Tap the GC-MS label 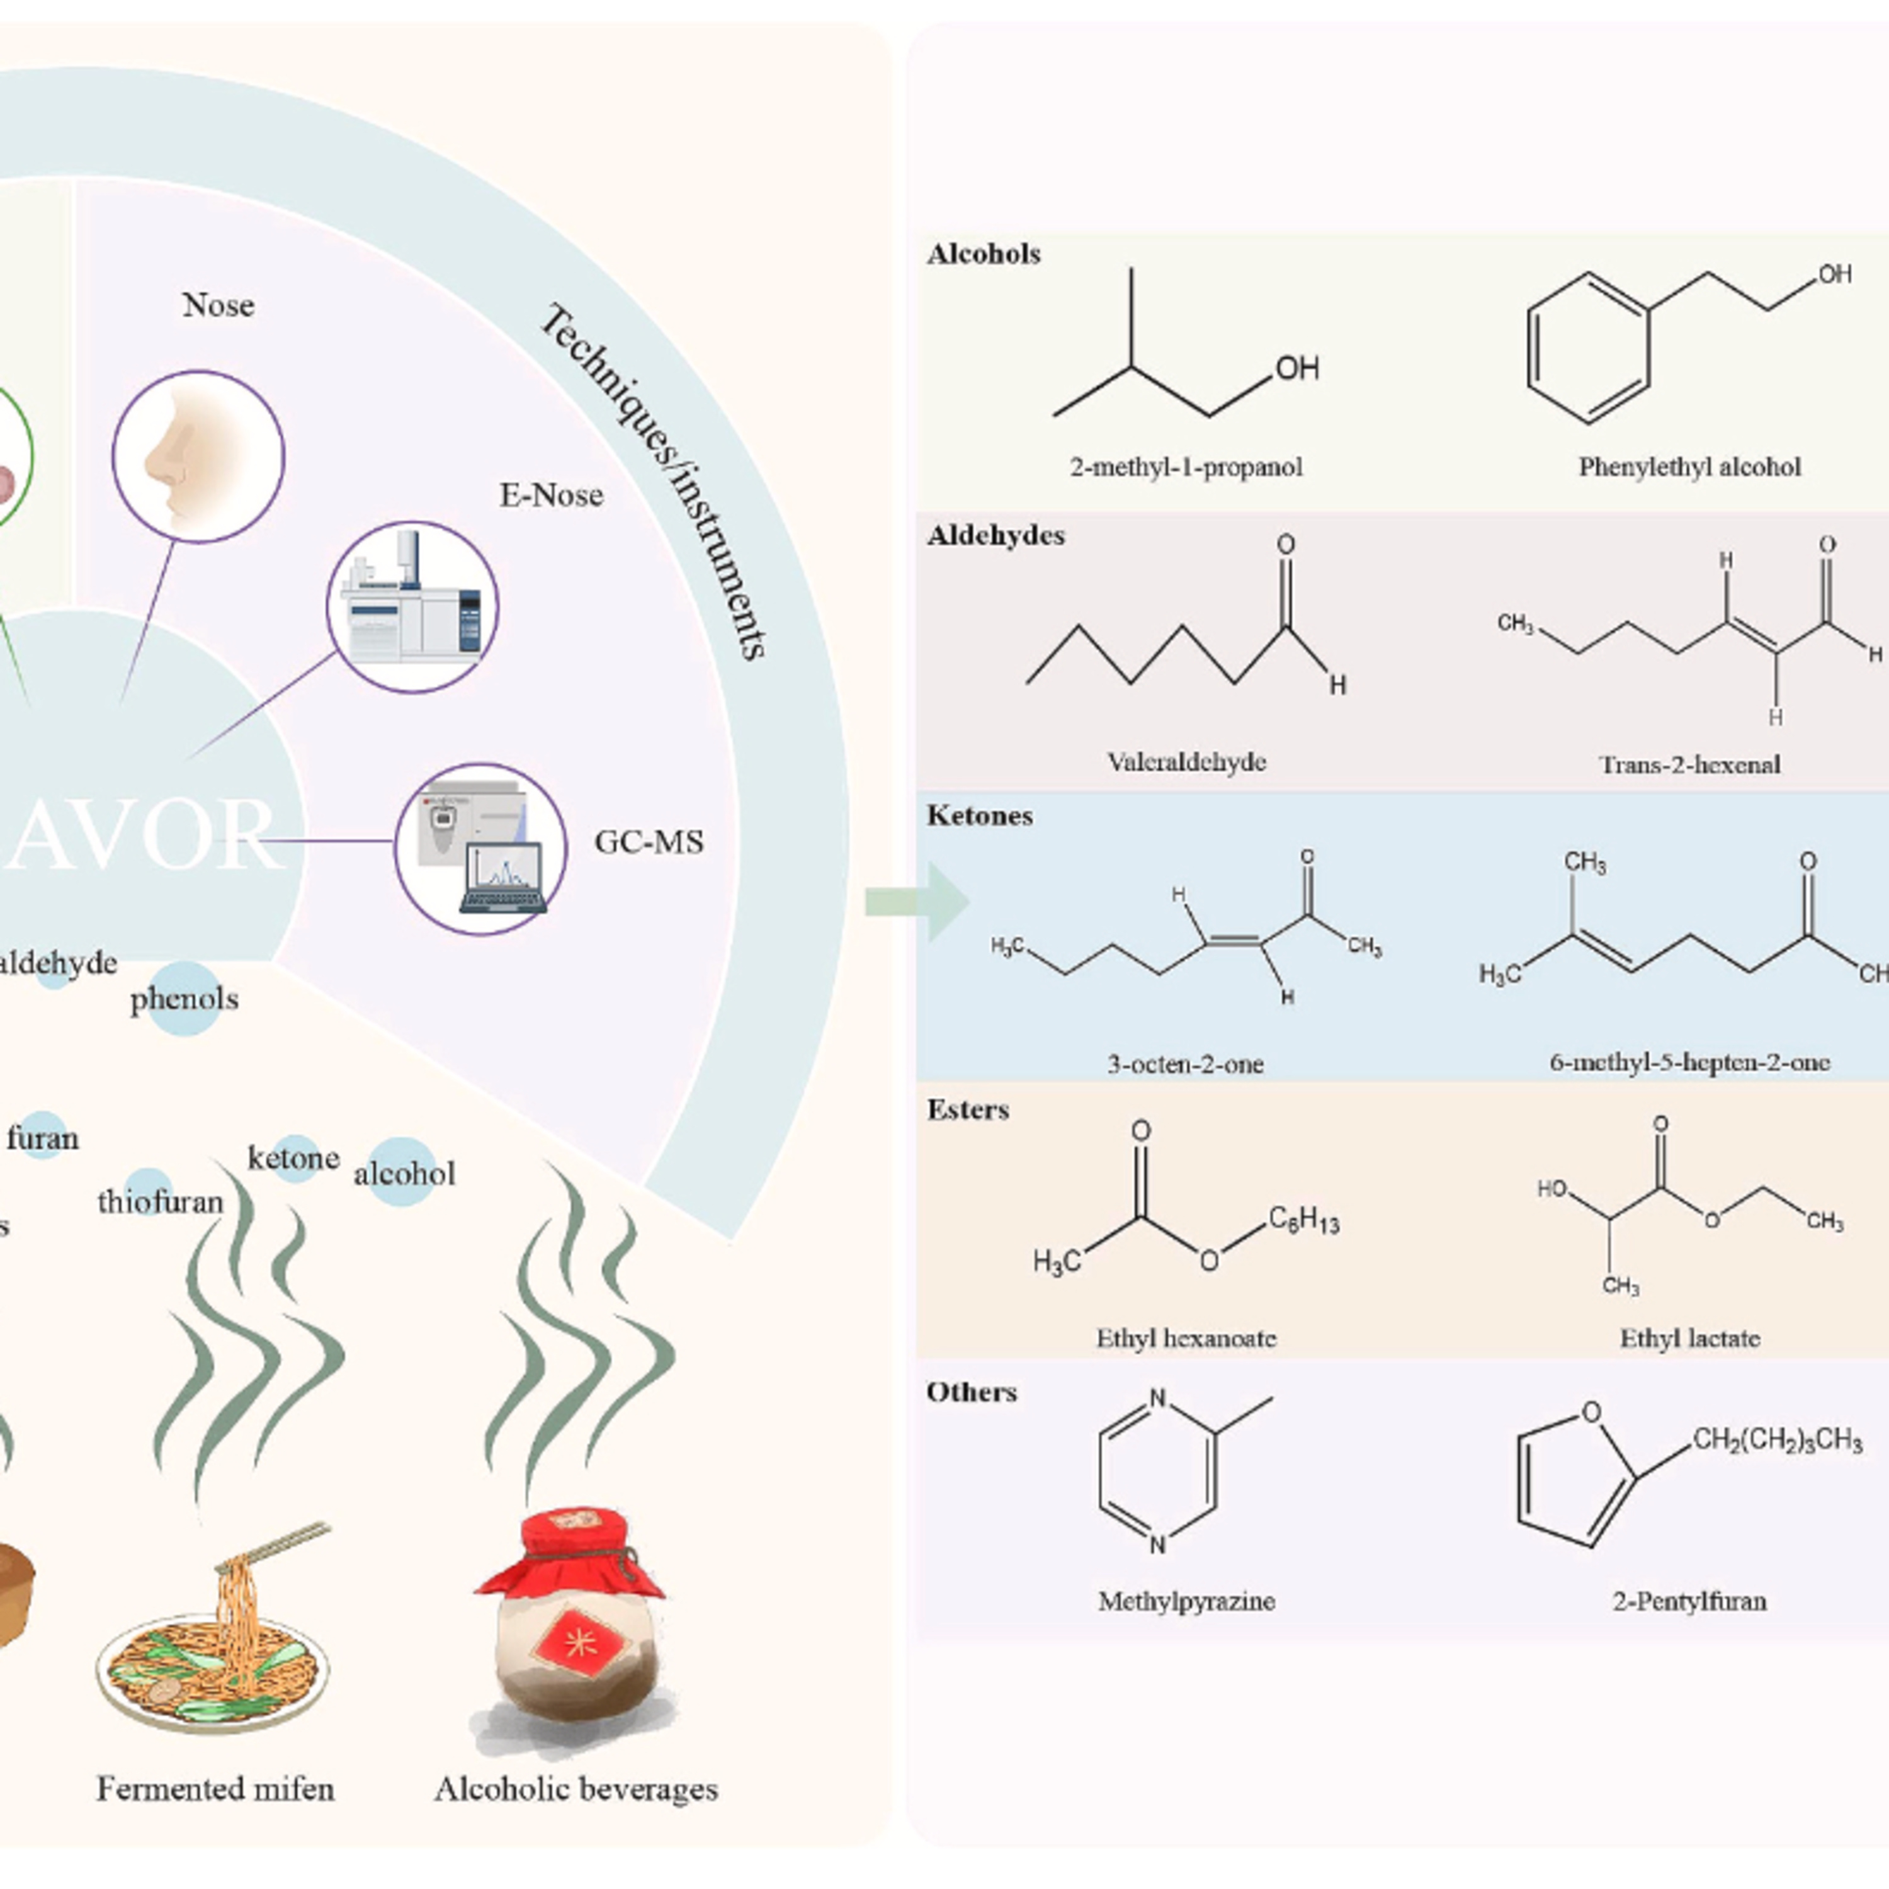tap(649, 842)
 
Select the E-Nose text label tap(552, 495)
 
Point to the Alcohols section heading tap(983, 254)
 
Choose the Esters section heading tap(967, 1109)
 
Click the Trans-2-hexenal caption tap(1689, 764)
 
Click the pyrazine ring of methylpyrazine tap(1157, 1472)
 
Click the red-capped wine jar tap(570, 1628)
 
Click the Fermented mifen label tap(215, 1788)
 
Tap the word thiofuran tap(161, 1201)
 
